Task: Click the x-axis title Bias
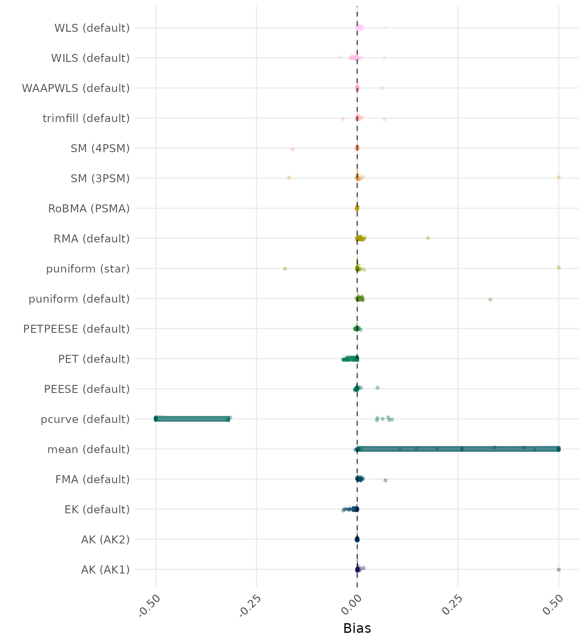(x=357, y=628)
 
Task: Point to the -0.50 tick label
(x=150, y=605)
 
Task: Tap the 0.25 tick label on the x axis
(x=452, y=605)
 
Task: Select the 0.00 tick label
(x=351, y=605)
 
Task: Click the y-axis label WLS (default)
(x=92, y=28)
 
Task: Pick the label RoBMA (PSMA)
(x=89, y=209)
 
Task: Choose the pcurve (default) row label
(x=85, y=419)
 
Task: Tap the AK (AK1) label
(x=105, y=570)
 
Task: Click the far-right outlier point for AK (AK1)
(x=559, y=569)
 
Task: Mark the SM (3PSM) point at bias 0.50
(x=559, y=177)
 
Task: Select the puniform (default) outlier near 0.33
(x=490, y=300)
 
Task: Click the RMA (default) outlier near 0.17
(x=427, y=238)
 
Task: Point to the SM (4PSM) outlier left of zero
(x=292, y=149)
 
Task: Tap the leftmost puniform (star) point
(x=285, y=268)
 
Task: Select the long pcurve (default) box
(x=192, y=419)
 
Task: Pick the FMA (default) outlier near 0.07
(x=385, y=480)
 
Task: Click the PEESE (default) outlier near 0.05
(x=377, y=388)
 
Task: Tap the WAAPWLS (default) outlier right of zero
(x=382, y=88)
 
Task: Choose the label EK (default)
(x=97, y=510)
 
